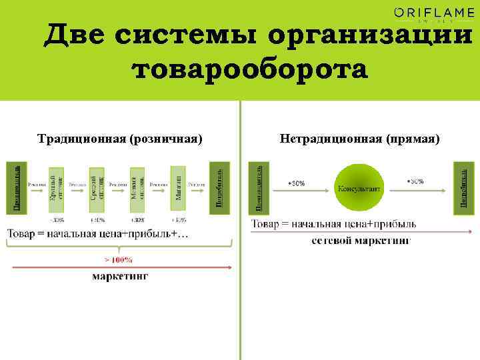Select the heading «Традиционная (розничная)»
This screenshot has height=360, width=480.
(x=119, y=139)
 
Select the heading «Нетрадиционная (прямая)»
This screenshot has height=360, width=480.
(x=360, y=139)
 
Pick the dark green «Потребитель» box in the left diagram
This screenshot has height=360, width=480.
(x=219, y=185)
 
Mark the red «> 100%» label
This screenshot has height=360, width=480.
(x=119, y=260)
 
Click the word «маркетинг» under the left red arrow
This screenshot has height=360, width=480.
(x=120, y=276)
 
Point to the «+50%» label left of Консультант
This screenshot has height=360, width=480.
(x=296, y=183)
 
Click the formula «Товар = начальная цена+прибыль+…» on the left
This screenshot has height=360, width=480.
(x=98, y=233)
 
